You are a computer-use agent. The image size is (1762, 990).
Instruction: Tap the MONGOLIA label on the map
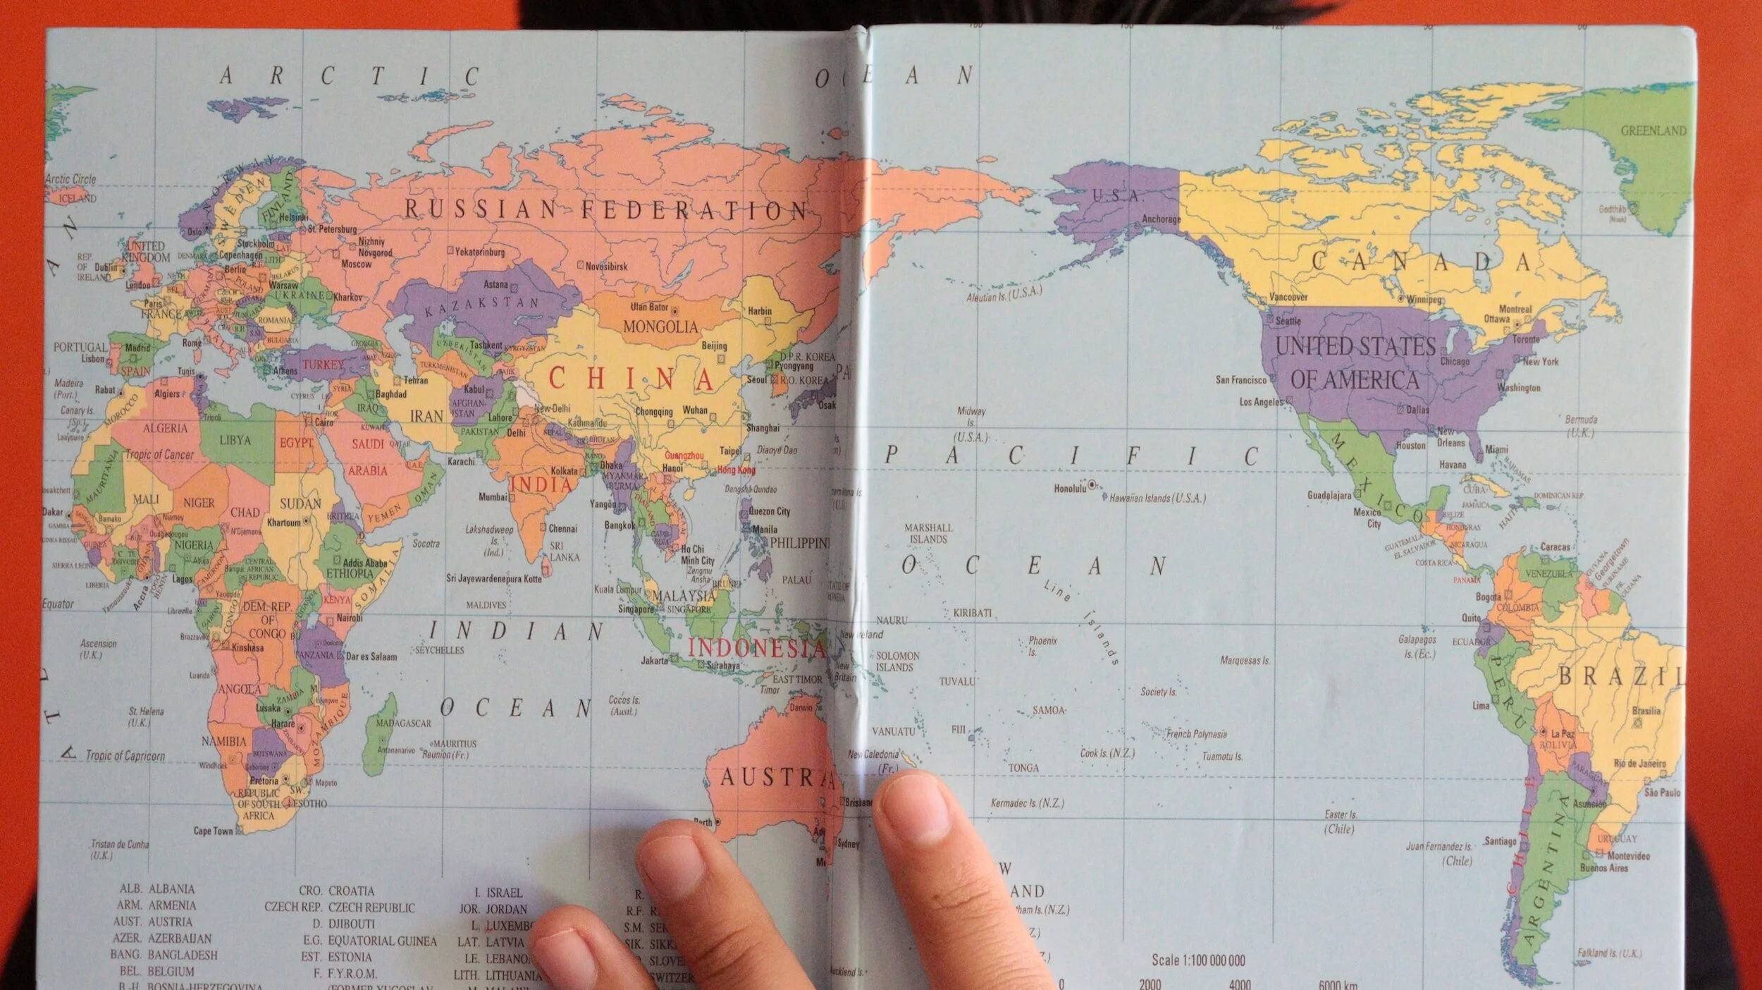point(660,326)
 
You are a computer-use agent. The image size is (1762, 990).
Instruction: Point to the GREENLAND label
point(1653,130)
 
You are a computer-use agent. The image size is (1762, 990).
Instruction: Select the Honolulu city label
point(1070,488)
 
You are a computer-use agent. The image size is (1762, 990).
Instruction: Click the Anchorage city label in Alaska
point(1160,219)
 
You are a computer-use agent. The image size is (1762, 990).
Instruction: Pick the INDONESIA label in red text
point(756,648)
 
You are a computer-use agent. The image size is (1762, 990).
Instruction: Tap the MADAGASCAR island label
point(403,723)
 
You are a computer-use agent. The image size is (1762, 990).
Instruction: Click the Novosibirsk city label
point(606,267)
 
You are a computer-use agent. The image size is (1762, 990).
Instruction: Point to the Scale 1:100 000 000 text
point(1198,960)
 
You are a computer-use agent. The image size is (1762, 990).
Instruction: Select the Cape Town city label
point(213,831)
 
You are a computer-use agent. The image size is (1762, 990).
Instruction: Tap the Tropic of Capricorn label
point(125,756)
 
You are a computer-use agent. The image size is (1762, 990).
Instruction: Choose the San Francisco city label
point(1240,380)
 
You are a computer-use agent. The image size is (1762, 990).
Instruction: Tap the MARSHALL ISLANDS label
point(928,533)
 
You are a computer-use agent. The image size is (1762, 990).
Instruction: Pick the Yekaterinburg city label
point(479,252)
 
